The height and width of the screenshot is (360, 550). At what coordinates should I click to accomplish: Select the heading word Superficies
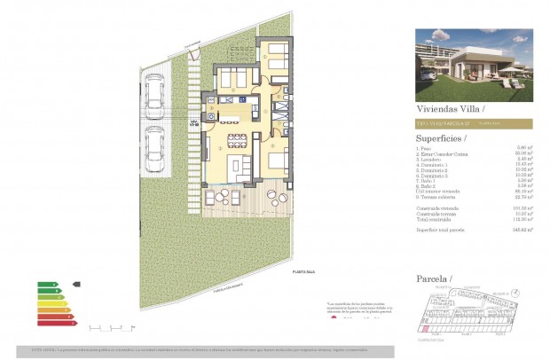click(440, 138)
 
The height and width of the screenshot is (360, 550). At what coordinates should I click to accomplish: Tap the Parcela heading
click(433, 279)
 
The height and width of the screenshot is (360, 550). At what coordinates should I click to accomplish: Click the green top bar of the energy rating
click(46, 285)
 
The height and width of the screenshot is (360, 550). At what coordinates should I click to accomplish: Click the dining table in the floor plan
click(238, 140)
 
